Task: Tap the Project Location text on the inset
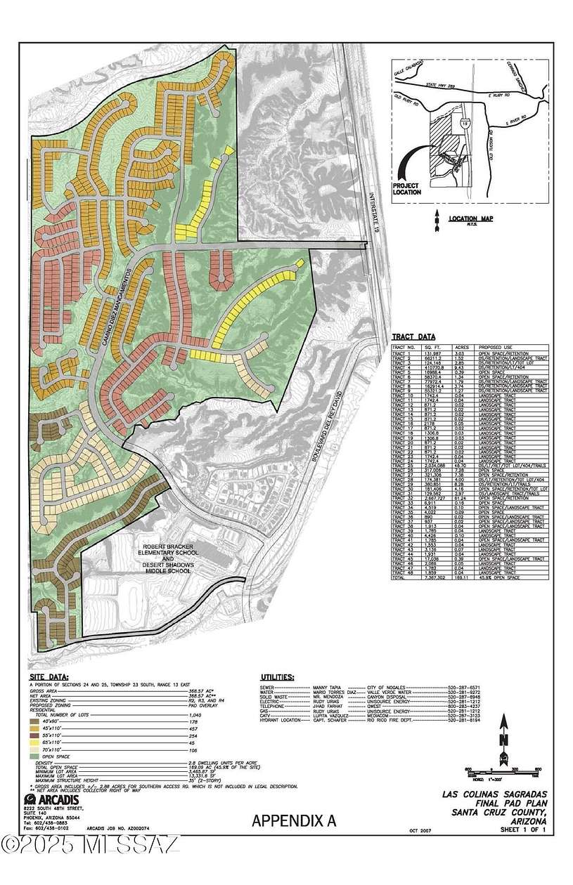(408, 188)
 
